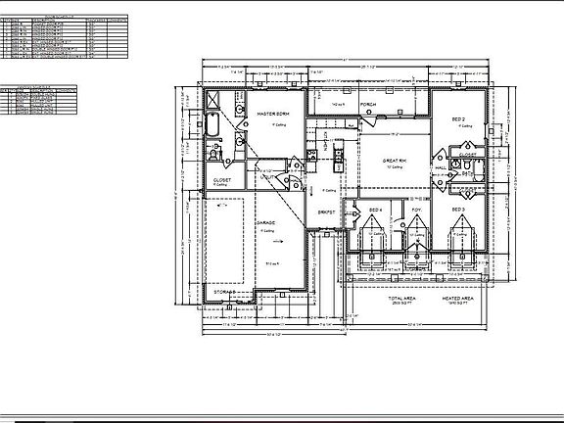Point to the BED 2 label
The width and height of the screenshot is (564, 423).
458,117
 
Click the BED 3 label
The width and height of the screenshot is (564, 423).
457,210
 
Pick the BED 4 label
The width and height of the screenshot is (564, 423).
375,210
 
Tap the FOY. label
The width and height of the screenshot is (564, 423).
416,210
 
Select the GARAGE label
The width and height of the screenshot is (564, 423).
265,222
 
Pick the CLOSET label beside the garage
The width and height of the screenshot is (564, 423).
222,180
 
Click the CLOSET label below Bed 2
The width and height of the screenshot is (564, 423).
468,154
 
